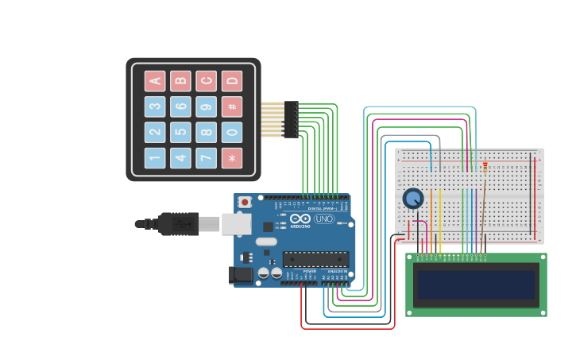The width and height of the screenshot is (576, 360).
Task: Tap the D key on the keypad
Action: [232, 80]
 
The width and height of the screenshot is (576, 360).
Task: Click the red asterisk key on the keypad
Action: [232, 158]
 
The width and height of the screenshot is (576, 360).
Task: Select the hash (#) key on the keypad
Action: [232, 106]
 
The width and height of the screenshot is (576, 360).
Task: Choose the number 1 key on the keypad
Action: [155, 158]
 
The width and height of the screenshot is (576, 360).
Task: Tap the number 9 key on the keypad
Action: [207, 106]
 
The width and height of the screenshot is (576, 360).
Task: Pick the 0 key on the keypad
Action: [232, 132]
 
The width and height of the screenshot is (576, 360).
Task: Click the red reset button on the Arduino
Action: [245, 203]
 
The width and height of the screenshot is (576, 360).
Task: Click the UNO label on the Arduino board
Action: [324, 219]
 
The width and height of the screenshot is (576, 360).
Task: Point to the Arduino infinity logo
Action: [300, 219]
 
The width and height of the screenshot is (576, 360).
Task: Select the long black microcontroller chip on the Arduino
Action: [315, 259]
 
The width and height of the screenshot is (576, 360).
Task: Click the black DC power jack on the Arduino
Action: [240, 275]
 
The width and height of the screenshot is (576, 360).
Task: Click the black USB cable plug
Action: [178, 224]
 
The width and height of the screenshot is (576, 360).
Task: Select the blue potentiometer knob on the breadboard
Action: [412, 198]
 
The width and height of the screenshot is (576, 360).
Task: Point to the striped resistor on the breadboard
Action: [485, 167]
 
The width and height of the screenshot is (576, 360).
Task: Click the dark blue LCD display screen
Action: [476, 285]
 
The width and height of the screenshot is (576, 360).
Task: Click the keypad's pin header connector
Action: [291, 119]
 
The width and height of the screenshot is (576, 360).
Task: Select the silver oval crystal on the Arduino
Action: [266, 242]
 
